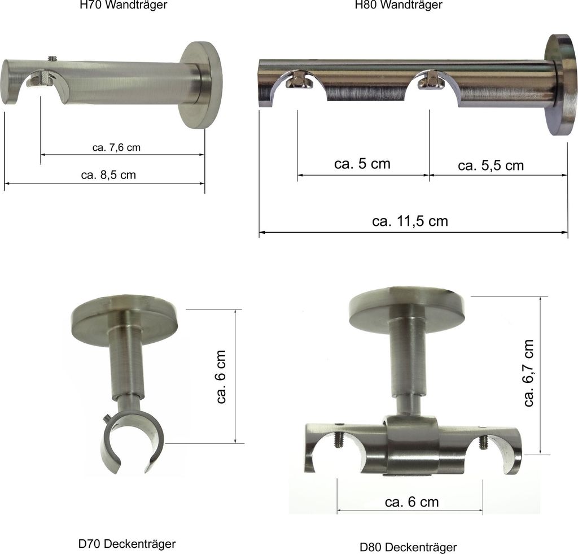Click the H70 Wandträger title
pyautogui.click(x=124, y=5)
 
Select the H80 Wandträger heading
pyautogui.click(x=399, y=5)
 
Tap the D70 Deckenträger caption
pyautogui.click(x=127, y=544)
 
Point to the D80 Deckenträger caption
pyautogui.click(x=409, y=547)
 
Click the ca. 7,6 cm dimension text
pyautogui.click(x=116, y=147)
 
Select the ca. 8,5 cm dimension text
pyautogui.click(x=108, y=175)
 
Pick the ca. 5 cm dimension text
pyautogui.click(x=362, y=164)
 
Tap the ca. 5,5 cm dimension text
pyautogui.click(x=491, y=165)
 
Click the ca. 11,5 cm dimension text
pyautogui.click(x=410, y=221)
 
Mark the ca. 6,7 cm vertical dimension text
pyautogui.click(x=528, y=373)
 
